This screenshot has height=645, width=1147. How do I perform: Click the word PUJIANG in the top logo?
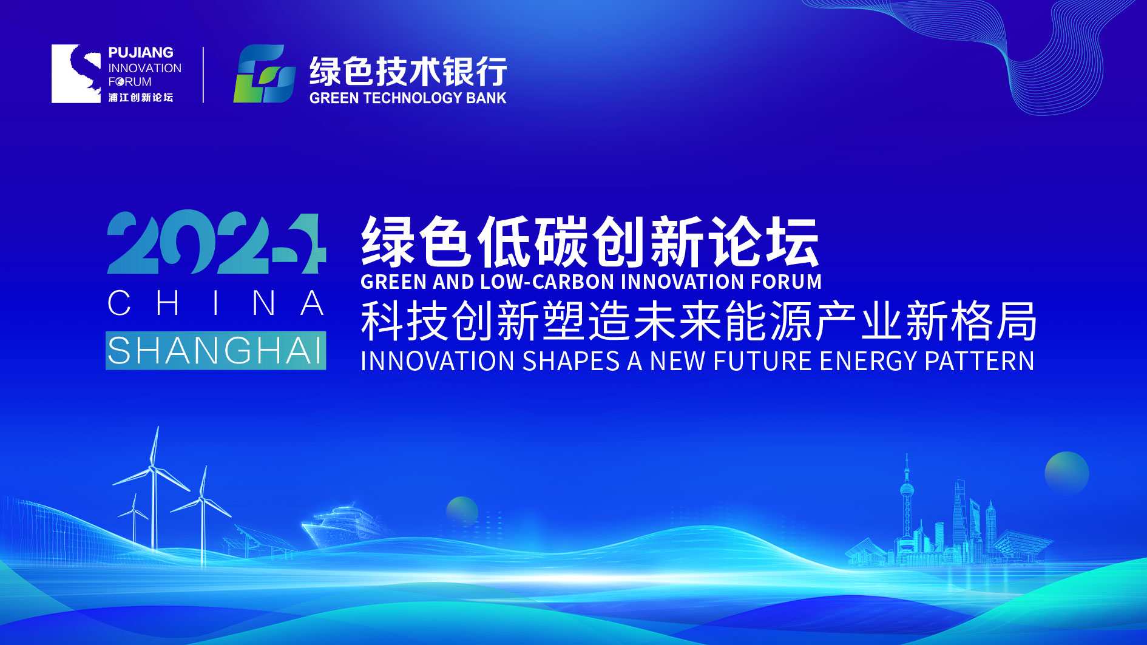pos(141,53)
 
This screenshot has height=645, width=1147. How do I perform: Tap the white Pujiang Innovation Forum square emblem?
pos(76,73)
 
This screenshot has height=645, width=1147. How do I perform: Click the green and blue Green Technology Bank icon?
pos(265,73)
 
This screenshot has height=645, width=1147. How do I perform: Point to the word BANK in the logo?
pos(486,98)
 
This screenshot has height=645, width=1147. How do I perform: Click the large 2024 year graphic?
pos(217,242)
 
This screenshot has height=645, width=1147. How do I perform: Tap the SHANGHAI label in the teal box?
pos(216,351)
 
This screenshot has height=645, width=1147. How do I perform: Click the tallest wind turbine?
pos(154,485)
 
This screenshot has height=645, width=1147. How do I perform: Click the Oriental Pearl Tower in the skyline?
pos(907,504)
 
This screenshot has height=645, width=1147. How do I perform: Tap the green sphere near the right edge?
pos(1067,473)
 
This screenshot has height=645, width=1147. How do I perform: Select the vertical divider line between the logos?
pos(203,74)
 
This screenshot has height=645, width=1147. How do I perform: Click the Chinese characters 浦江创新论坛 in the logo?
pos(141,97)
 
